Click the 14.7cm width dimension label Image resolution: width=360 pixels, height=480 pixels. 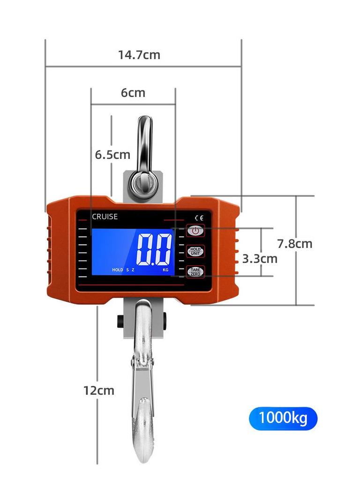click(x=139, y=55)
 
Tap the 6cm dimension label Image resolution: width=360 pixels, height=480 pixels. click(x=133, y=93)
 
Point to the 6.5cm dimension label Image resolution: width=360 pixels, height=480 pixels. click(x=112, y=155)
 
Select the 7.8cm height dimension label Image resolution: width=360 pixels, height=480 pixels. click(x=294, y=244)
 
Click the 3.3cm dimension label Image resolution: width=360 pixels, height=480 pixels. click(x=260, y=259)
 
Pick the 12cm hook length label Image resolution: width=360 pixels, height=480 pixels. click(x=98, y=390)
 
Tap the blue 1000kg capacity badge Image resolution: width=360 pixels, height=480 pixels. click(x=283, y=418)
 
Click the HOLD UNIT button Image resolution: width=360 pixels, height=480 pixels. click(x=195, y=251)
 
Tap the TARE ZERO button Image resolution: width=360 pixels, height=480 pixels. click(x=195, y=271)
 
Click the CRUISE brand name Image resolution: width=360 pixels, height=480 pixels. click(x=105, y=217)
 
